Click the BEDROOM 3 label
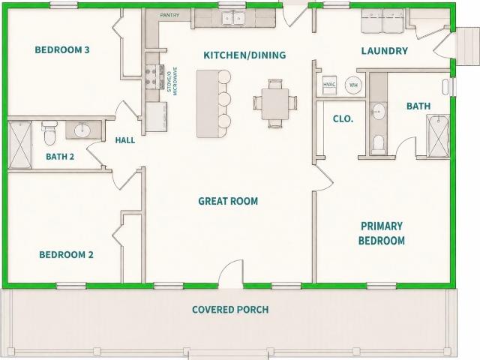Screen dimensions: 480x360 tap(62, 49)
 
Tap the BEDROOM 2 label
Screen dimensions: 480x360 tap(66, 255)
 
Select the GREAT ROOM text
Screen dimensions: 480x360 tap(228, 201)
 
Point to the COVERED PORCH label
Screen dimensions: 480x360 tap(230, 310)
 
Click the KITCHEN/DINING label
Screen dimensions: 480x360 tap(244, 55)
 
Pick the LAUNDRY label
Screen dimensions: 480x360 tap(385, 51)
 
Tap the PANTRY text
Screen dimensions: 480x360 tap(169, 15)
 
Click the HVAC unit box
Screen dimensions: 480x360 tap(330, 85)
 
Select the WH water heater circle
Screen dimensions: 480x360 tap(353, 85)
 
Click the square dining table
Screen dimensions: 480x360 tap(275, 104)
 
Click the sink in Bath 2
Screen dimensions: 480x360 tap(82, 130)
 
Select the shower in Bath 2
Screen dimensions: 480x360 tap(20, 145)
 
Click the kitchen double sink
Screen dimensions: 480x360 tap(233, 18)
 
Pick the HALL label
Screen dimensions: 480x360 tap(125, 140)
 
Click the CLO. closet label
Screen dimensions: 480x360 tap(343, 118)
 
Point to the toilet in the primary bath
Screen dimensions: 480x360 tap(379, 144)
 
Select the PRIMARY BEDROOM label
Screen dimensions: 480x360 tap(382, 233)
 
